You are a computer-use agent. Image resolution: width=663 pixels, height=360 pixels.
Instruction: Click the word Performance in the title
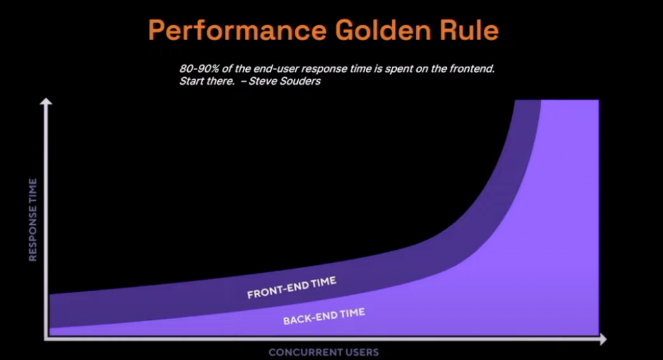pyautogui.click(x=237, y=30)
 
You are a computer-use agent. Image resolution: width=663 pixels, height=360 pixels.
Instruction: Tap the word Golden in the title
pyautogui.click(x=383, y=30)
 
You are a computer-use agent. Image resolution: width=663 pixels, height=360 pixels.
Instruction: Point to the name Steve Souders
pyautogui.click(x=285, y=81)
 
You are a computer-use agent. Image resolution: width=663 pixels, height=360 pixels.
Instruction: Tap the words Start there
pyautogui.click(x=207, y=81)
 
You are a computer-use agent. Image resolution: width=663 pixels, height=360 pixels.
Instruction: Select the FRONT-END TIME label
pyautogui.click(x=292, y=287)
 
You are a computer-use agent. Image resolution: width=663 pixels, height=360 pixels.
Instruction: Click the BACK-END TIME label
pyautogui.click(x=324, y=317)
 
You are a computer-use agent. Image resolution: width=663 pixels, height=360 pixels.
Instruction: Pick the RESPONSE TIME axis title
pyautogui.click(x=32, y=219)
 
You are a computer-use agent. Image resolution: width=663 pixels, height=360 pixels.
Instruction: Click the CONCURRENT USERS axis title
pyautogui.click(x=324, y=352)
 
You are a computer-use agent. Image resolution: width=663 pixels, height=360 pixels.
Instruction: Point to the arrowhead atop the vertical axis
pyautogui.click(x=46, y=102)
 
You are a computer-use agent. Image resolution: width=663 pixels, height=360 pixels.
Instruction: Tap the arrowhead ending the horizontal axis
pyautogui.click(x=603, y=339)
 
